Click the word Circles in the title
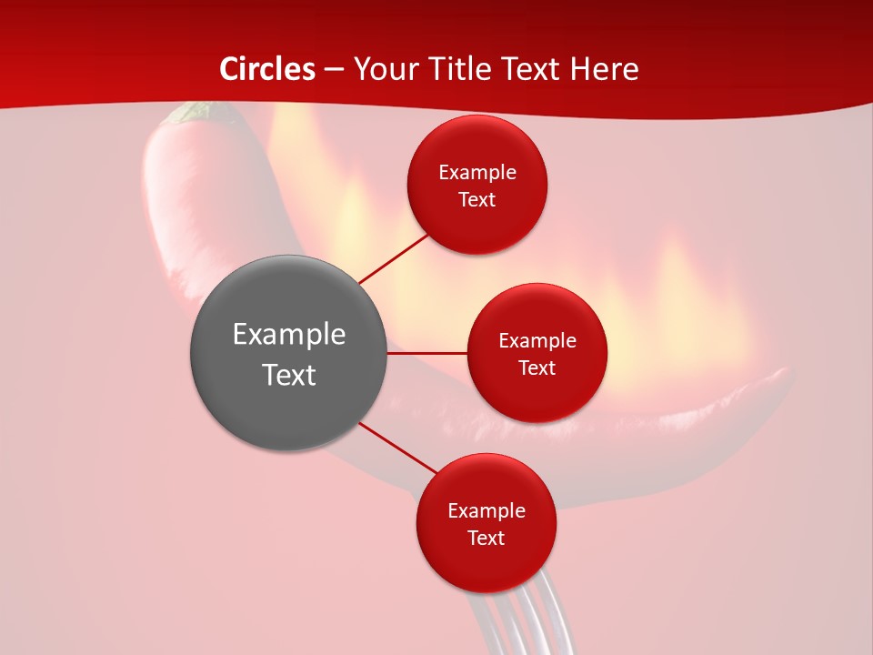(267, 69)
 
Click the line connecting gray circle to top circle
(393, 257)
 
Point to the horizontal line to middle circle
(427, 353)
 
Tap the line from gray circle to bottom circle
(396, 448)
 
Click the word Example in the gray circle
(289, 335)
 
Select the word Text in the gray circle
(289, 375)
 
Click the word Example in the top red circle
(477, 173)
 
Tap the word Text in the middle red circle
(537, 368)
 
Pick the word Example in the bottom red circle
(487, 511)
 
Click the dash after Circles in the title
(334, 70)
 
